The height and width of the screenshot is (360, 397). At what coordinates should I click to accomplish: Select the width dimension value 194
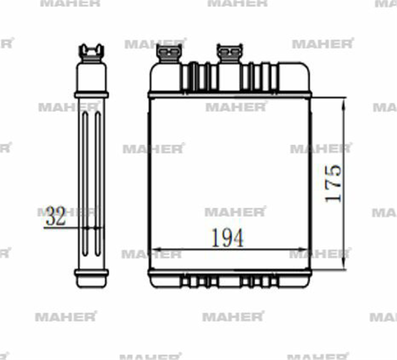point(227,238)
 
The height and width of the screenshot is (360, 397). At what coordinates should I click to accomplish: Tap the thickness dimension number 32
point(56,216)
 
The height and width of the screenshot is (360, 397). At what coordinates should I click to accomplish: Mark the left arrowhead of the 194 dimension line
point(156,250)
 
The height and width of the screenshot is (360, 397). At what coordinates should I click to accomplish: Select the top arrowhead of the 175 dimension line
point(343,101)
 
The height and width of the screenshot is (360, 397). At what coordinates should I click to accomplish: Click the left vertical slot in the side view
point(85,183)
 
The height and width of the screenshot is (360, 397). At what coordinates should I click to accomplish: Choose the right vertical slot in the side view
point(98,183)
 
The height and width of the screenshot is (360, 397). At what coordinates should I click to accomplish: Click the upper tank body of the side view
point(91,77)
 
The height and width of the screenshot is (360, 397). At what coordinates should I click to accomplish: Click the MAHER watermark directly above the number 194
point(235,212)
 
